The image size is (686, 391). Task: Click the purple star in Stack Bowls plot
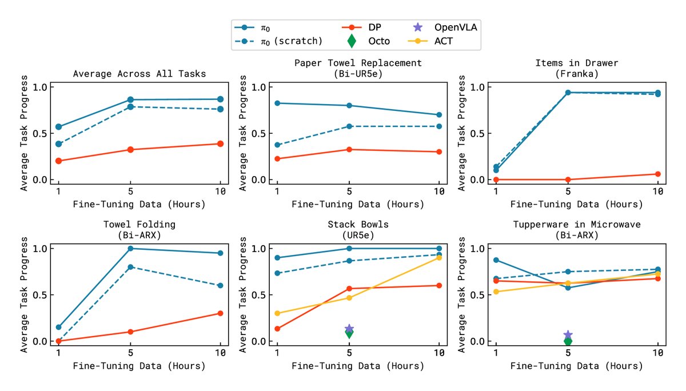tap(349, 329)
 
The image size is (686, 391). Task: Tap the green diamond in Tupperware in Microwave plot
tap(568, 341)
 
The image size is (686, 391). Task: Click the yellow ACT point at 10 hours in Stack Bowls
tap(438, 258)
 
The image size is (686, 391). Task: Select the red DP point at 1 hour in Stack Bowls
tap(277, 329)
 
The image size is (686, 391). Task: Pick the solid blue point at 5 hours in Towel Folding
tap(130, 248)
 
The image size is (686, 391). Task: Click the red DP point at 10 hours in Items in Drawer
tap(657, 174)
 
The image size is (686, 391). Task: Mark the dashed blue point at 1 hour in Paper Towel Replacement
tap(277, 145)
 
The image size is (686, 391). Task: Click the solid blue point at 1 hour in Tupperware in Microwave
tap(496, 260)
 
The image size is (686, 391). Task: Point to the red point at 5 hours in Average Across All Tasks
tap(130, 150)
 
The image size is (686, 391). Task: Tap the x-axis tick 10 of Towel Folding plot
tap(220, 353)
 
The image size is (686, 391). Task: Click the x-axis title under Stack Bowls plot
tap(358, 365)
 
